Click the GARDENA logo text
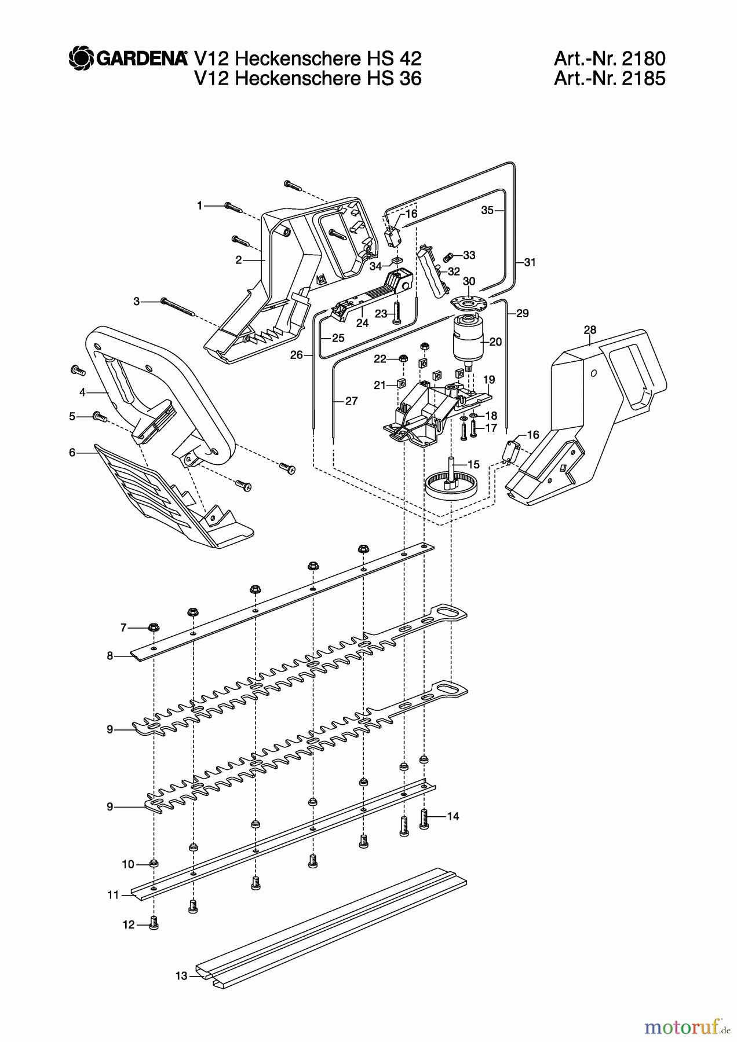[x=141, y=58]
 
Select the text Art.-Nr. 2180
[x=610, y=58]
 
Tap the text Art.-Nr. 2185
[x=610, y=78]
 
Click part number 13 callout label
[x=181, y=976]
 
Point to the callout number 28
[x=590, y=330]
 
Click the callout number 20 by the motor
[x=495, y=342]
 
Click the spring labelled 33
[x=448, y=256]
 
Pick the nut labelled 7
[x=154, y=628]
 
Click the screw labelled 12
[x=154, y=924]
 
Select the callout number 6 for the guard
[x=72, y=452]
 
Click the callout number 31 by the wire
[x=530, y=262]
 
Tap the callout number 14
[x=453, y=816]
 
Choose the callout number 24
[x=362, y=323]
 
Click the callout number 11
[x=112, y=895]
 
